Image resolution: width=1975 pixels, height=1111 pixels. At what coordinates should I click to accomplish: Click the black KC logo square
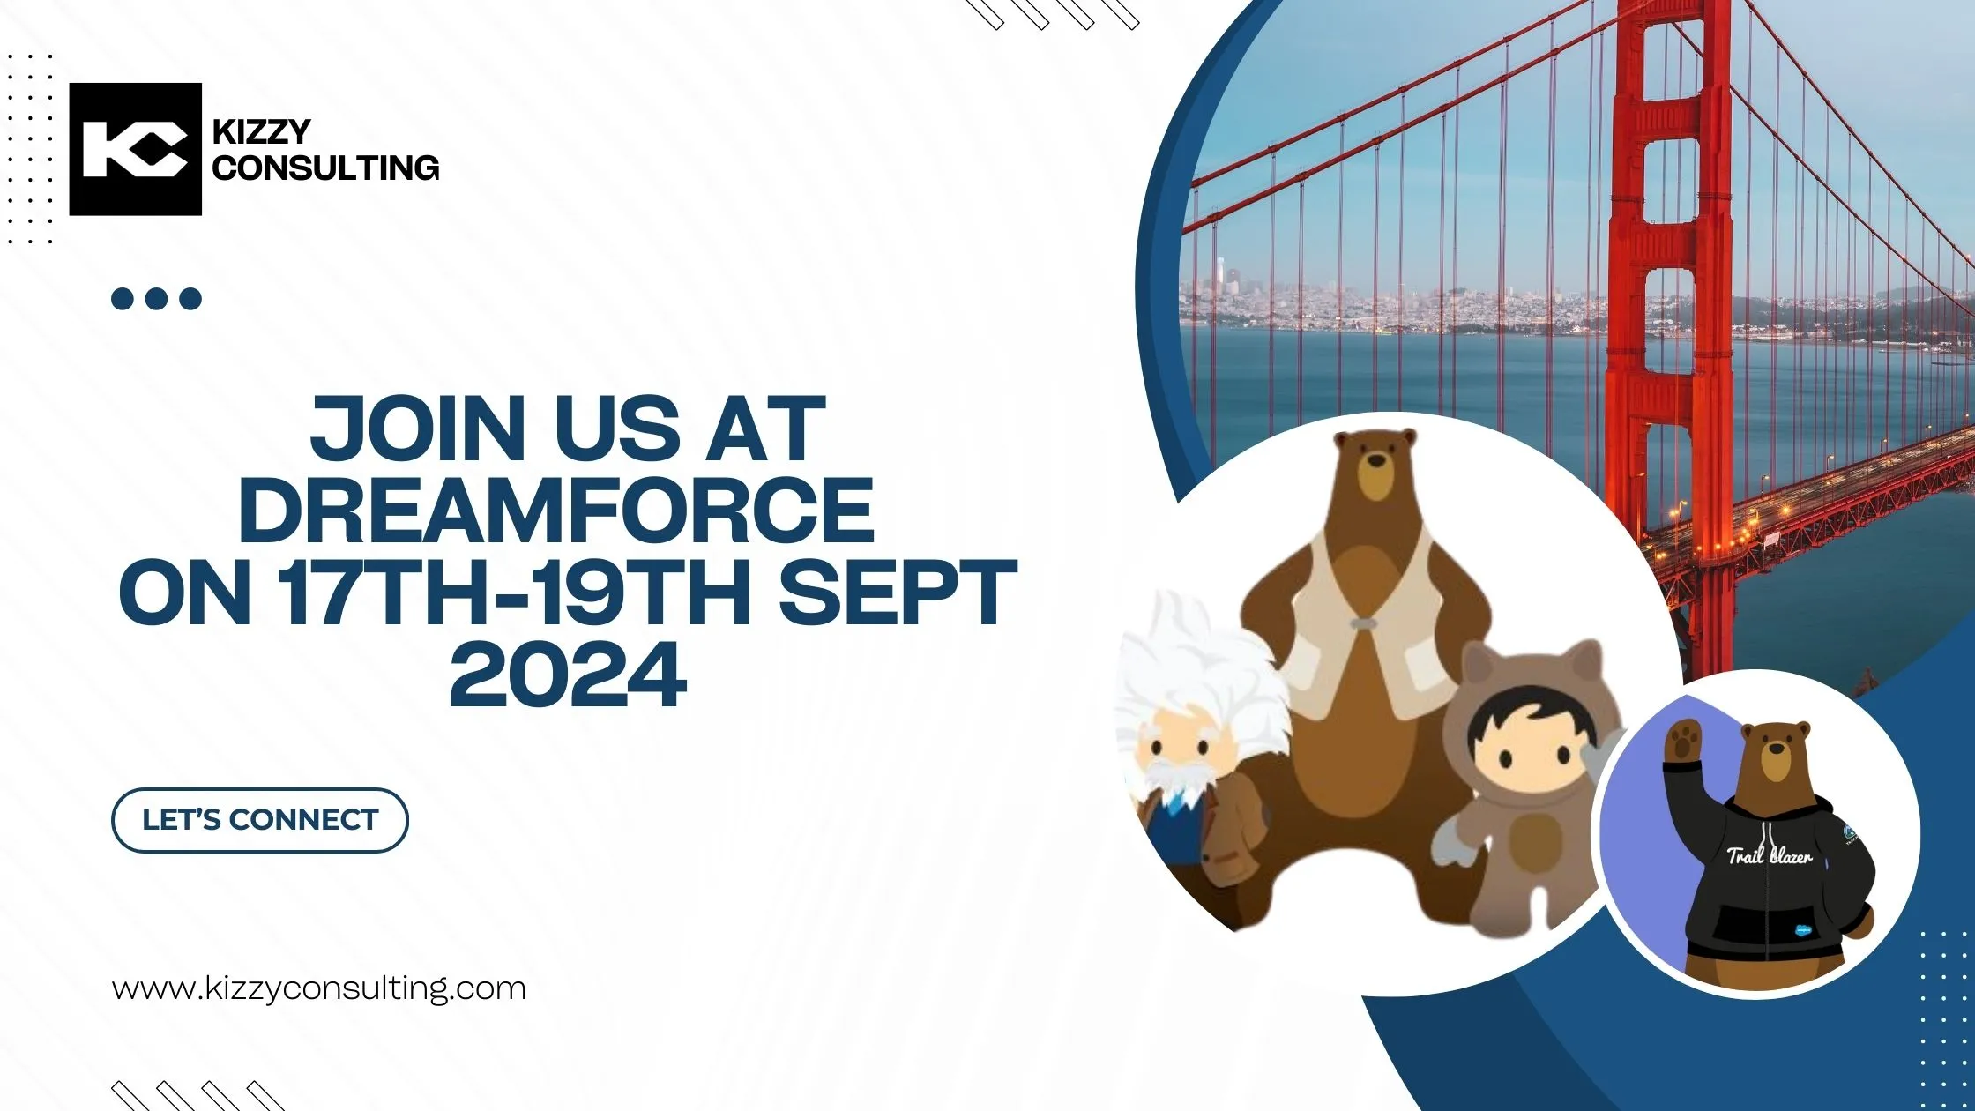click(x=135, y=149)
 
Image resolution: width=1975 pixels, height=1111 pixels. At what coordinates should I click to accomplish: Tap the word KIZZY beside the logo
click(x=261, y=132)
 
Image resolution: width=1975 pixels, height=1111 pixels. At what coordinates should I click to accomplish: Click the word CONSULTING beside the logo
click(x=325, y=168)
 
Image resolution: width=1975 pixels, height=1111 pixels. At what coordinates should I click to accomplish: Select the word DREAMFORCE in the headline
click(x=556, y=511)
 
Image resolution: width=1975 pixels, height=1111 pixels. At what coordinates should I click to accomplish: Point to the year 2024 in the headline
click(x=568, y=676)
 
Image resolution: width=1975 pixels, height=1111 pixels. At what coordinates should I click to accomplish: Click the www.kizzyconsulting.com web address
click(x=319, y=988)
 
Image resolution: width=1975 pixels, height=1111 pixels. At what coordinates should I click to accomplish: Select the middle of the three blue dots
click(x=156, y=299)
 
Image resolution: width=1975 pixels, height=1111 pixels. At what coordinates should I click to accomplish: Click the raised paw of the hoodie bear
click(x=1682, y=739)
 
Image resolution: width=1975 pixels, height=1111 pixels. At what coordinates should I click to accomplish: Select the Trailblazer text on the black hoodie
click(x=1768, y=855)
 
